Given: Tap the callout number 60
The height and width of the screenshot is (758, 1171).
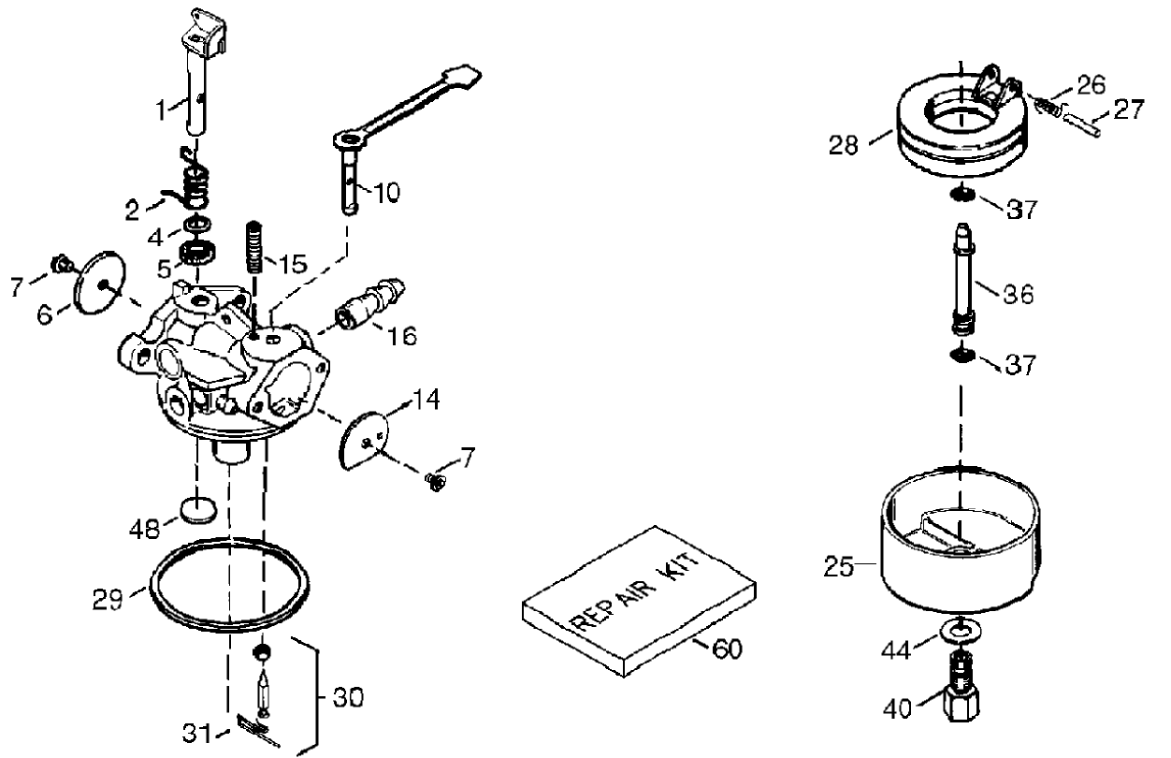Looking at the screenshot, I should coord(726,648).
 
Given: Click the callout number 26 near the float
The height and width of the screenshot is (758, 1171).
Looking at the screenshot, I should coord(1089,84).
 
